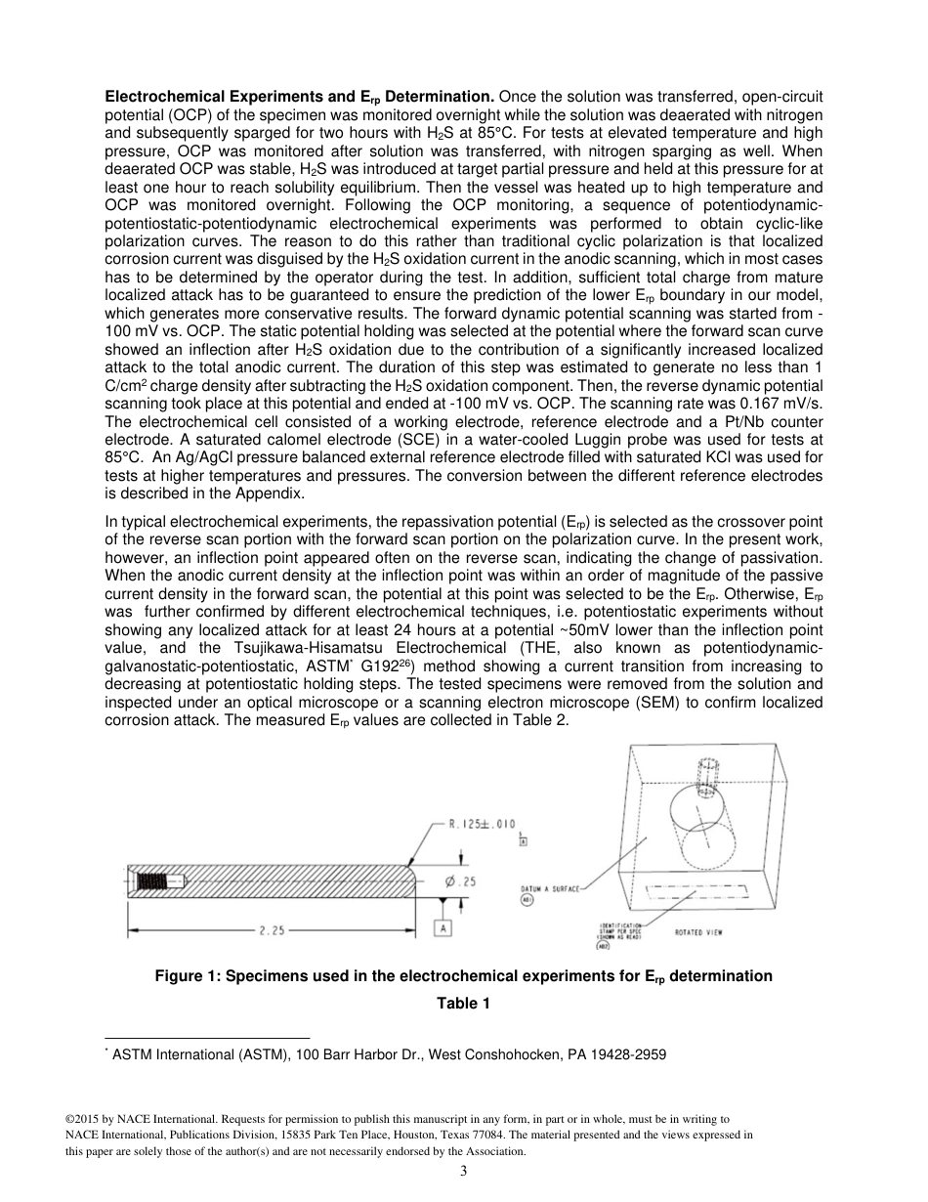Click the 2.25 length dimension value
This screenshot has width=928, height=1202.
click(x=272, y=931)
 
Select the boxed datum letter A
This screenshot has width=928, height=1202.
click(x=444, y=926)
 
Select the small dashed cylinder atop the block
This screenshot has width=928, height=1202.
click(x=703, y=771)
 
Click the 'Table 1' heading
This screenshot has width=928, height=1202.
click(x=463, y=1004)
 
